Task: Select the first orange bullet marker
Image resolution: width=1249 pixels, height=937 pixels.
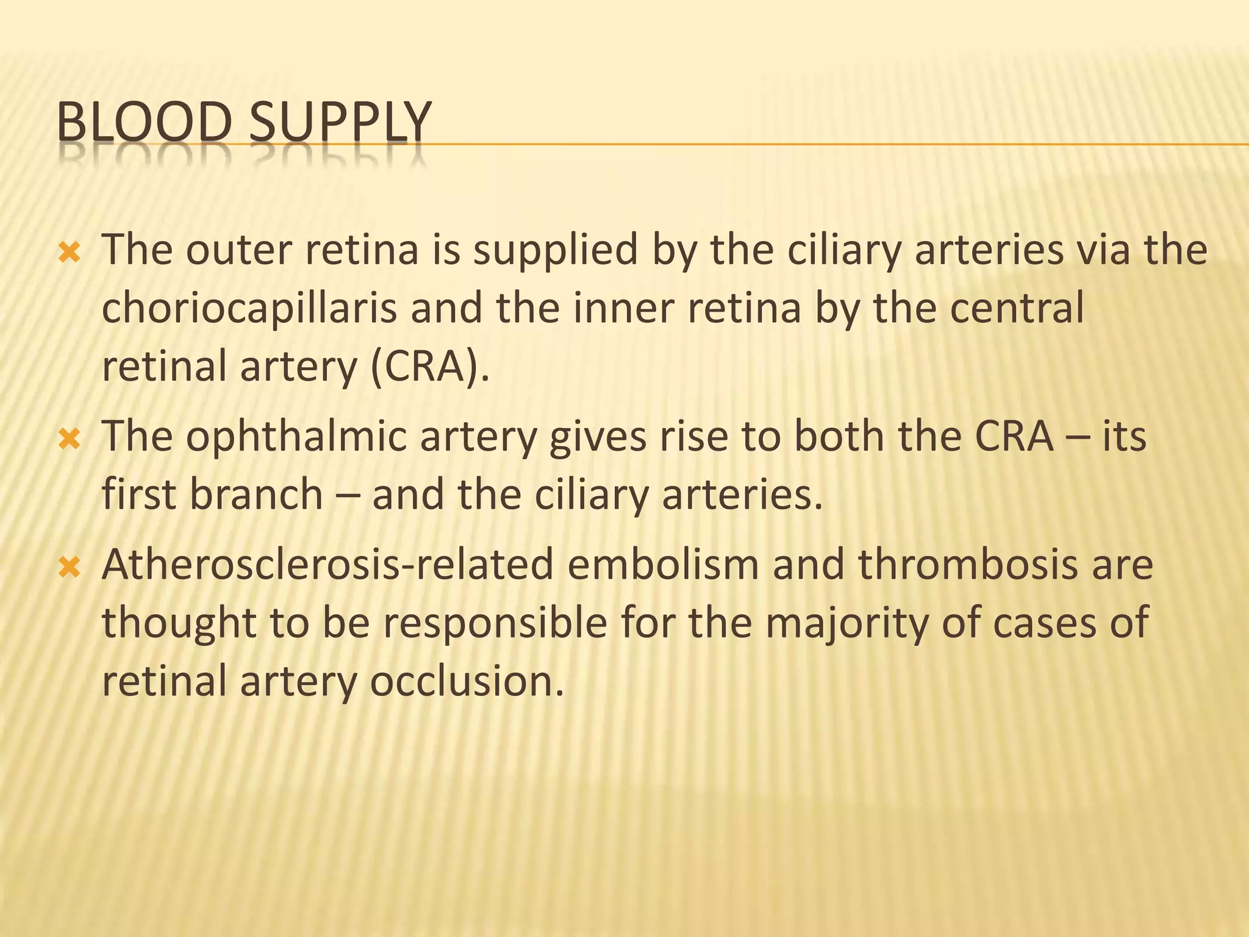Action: tap(69, 252)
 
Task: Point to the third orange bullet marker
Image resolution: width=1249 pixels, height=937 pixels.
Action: tap(69, 569)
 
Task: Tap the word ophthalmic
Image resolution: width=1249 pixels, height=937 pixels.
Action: tap(296, 437)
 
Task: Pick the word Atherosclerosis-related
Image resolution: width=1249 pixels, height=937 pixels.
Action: tap(328, 565)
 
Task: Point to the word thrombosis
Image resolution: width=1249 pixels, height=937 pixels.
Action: tap(968, 565)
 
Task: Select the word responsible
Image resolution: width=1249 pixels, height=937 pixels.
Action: tap(495, 623)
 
